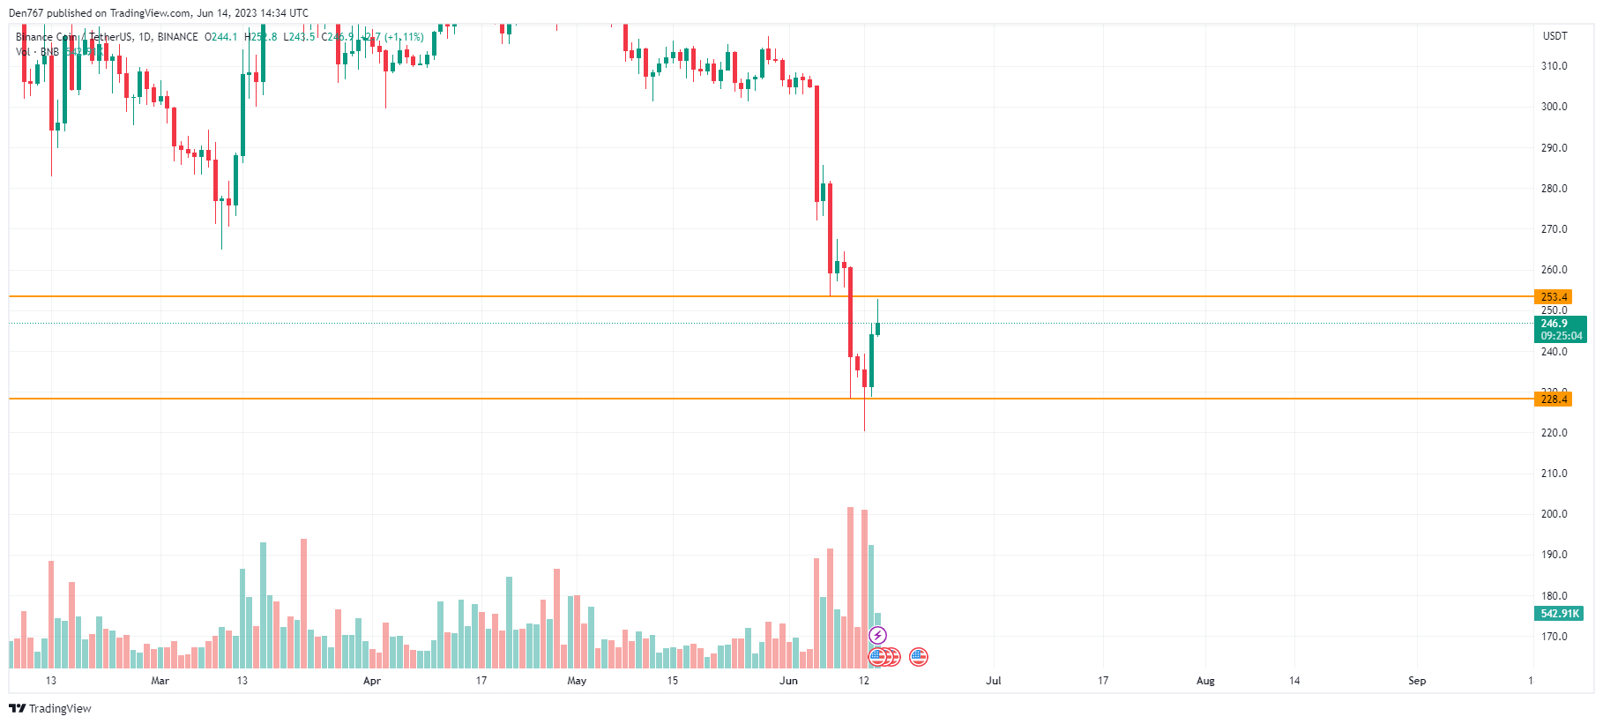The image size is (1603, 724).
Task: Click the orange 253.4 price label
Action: click(x=1553, y=297)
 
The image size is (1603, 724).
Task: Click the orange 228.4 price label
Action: click(x=1553, y=399)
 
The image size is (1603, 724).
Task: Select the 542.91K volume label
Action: click(x=1559, y=614)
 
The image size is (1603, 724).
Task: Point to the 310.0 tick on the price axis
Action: click(x=1554, y=66)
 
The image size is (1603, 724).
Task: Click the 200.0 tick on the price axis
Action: click(x=1554, y=514)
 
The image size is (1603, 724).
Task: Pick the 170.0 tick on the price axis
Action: click(x=1554, y=637)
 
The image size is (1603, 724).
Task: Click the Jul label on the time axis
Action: click(x=994, y=681)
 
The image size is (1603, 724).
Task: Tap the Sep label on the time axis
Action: click(x=1417, y=681)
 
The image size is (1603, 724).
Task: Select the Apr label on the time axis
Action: click(x=372, y=681)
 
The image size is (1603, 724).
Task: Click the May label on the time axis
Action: click(x=577, y=681)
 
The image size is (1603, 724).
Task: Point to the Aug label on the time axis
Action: click(x=1205, y=681)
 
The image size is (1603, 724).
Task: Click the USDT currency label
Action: click(x=1555, y=36)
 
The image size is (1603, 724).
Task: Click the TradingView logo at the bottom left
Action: click(x=50, y=708)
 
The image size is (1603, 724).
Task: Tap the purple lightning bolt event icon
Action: click(x=877, y=635)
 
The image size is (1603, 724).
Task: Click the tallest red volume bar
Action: click(x=851, y=587)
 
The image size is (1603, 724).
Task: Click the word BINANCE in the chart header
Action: click(x=177, y=37)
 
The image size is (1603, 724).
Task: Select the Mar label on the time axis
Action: click(x=160, y=681)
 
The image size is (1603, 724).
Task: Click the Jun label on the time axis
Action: click(x=788, y=681)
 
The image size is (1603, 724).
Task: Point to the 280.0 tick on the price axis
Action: click(x=1554, y=189)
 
